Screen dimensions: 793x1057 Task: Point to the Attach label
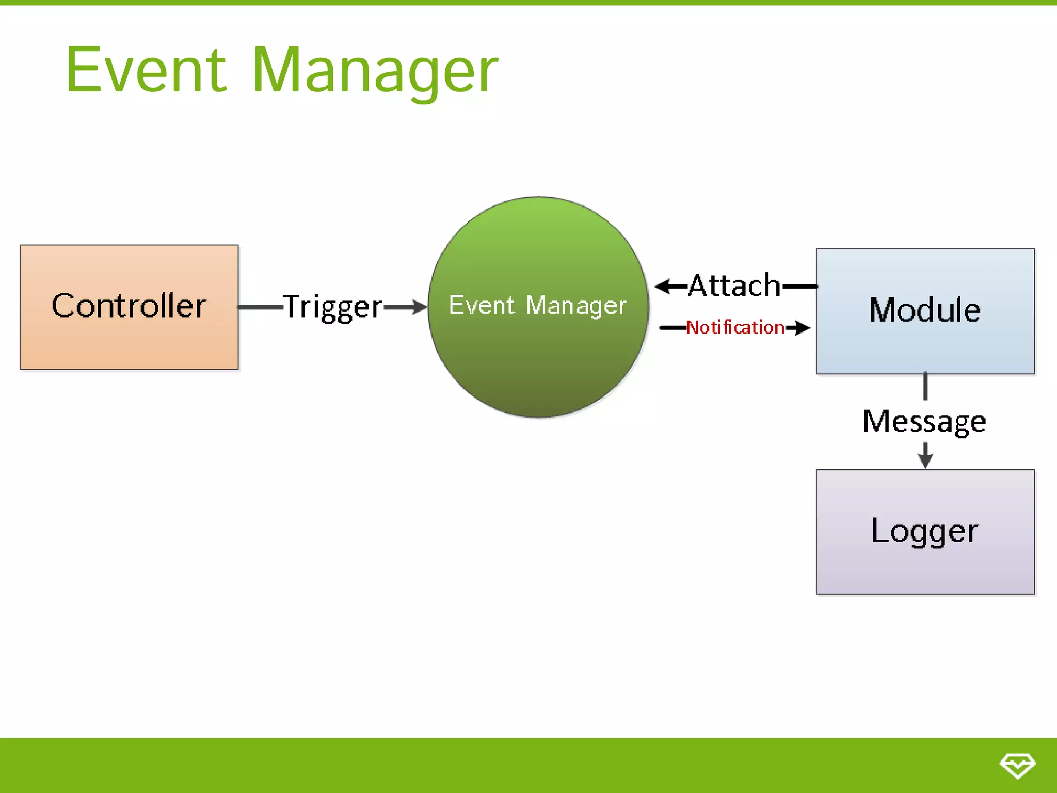734,285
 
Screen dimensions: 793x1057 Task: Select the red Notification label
735,327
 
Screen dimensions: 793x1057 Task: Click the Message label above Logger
924,421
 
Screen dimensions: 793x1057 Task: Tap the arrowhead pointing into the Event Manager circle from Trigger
419,307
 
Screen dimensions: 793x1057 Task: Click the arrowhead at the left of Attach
663,286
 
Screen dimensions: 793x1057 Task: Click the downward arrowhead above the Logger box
925,461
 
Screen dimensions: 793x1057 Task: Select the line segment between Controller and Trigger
260,307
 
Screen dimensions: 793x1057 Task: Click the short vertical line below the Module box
925,386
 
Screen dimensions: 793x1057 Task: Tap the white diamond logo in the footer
1017,765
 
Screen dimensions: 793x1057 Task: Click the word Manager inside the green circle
576,305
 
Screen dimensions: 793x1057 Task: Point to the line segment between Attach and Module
799,286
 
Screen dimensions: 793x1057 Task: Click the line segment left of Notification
672,327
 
